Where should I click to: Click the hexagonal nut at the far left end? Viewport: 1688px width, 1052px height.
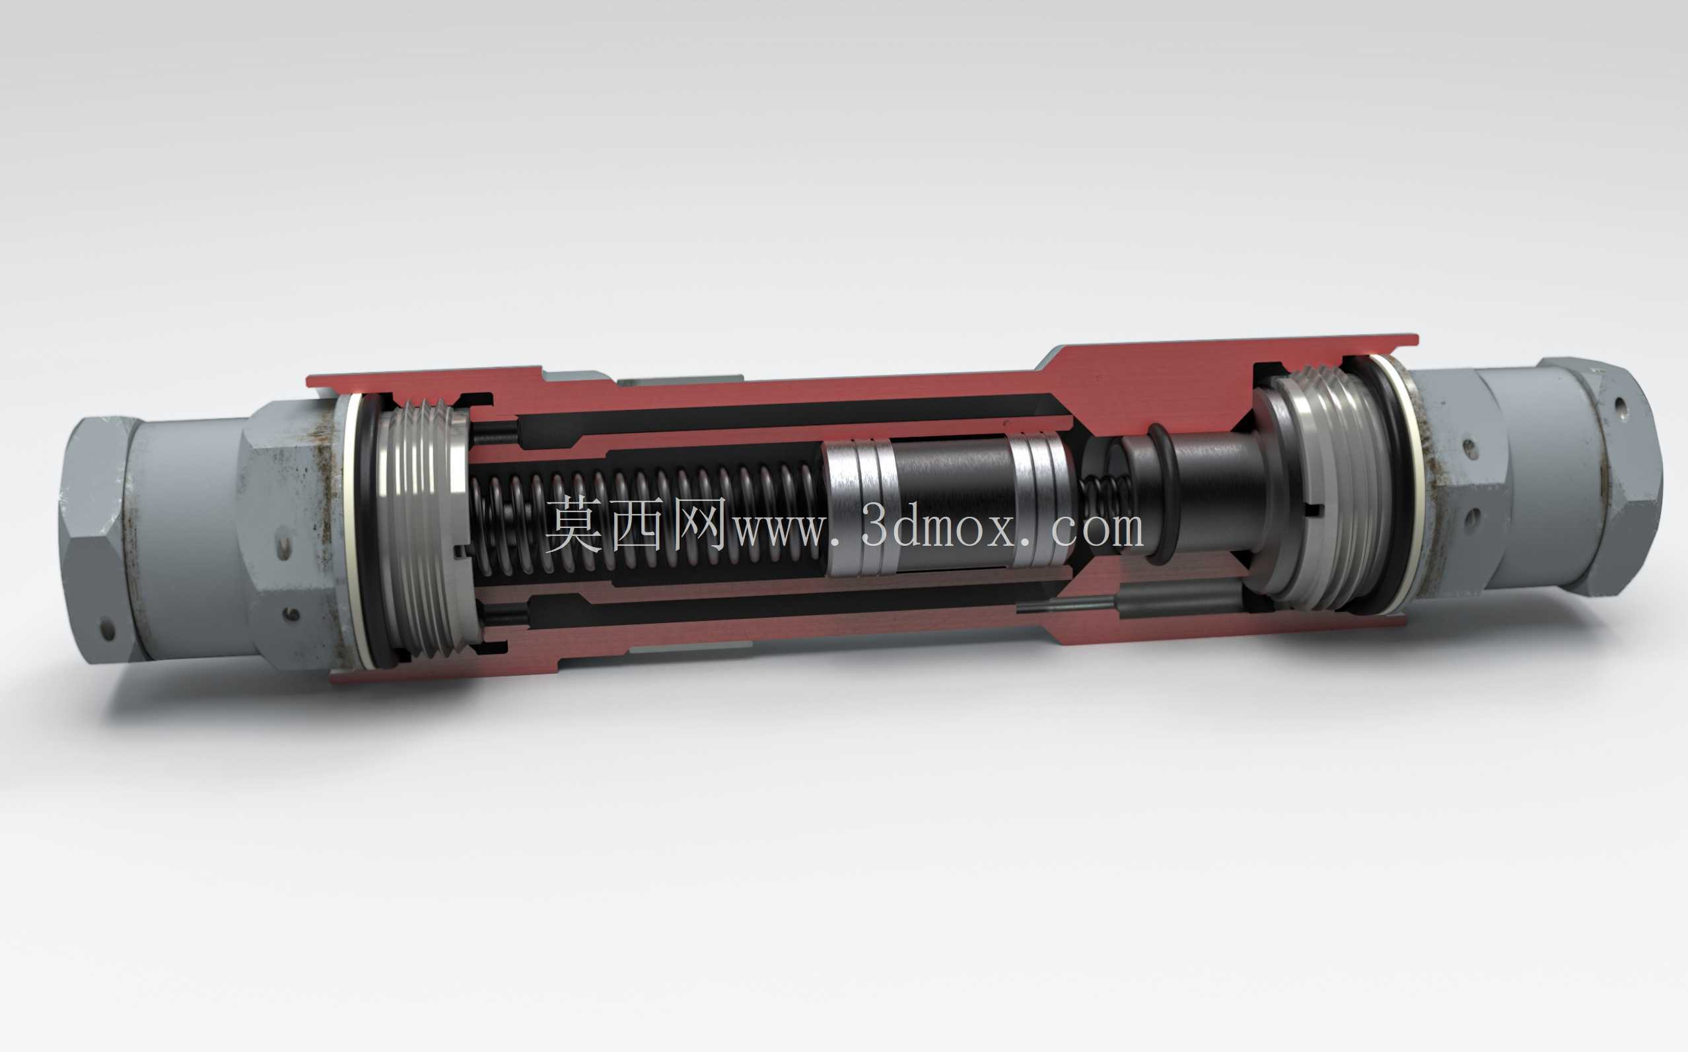click(x=98, y=540)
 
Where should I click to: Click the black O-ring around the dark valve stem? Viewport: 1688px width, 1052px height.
click(x=1159, y=494)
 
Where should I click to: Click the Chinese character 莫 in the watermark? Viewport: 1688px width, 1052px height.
click(x=574, y=525)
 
